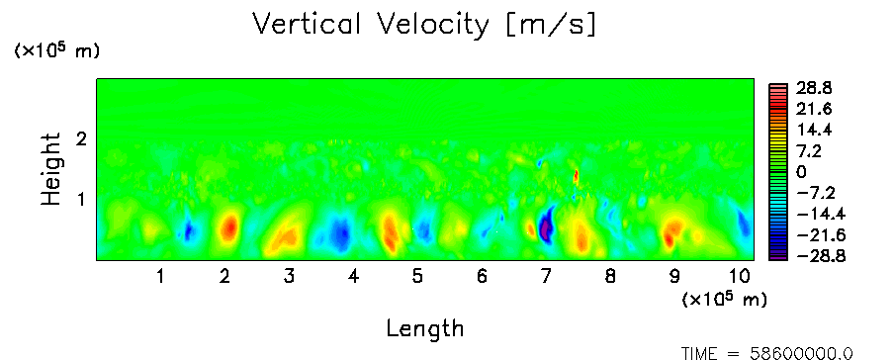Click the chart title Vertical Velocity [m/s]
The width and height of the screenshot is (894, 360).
point(424,25)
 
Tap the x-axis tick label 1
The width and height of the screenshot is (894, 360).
point(161,277)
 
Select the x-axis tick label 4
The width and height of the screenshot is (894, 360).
point(353,277)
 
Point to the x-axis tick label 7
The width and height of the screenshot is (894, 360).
point(546,277)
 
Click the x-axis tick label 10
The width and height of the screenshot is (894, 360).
point(740,277)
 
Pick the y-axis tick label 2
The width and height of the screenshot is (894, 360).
point(81,138)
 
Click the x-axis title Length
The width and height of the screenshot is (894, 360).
point(425,328)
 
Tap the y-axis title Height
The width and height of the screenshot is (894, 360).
point(50,169)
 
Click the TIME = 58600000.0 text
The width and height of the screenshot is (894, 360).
point(767,354)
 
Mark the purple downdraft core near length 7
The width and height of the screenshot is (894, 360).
point(547,224)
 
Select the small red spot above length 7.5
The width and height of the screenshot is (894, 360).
point(576,176)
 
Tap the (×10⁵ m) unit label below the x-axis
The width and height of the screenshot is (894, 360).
point(724,299)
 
